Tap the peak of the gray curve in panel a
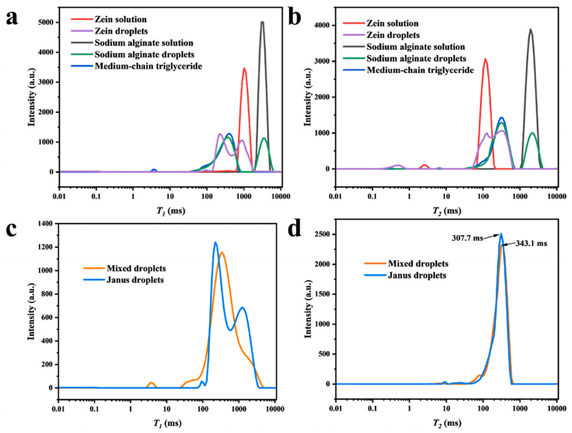coord(262,22)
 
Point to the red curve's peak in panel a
coord(244,68)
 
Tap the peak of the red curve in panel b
coord(485,59)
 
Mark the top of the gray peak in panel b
coord(530,29)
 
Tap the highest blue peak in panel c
coord(215,242)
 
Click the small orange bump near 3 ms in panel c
coord(151,383)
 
